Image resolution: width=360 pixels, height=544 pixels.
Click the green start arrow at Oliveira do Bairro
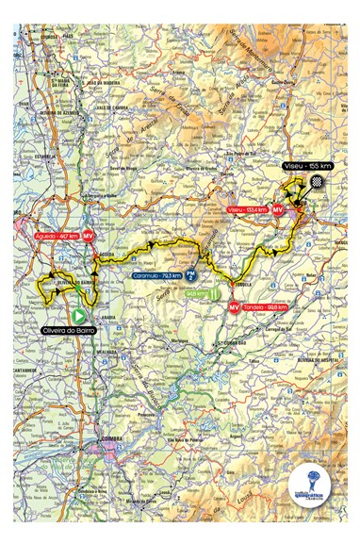(x=80, y=317)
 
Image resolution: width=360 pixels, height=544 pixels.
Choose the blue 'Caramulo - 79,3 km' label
(x=154, y=276)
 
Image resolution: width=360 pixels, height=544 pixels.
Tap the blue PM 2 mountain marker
(x=190, y=276)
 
